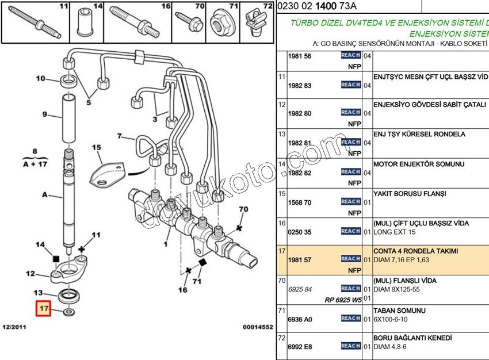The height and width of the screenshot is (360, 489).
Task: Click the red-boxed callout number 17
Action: click(44, 309)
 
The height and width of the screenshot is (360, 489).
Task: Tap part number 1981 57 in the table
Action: click(299, 260)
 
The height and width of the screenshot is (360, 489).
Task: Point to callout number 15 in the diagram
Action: click(96, 147)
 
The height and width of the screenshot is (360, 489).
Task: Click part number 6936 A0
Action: click(299, 320)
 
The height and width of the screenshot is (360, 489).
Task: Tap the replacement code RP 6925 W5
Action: click(343, 300)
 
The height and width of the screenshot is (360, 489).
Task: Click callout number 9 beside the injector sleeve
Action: click(44, 114)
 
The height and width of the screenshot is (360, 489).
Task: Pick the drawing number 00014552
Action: click(257, 327)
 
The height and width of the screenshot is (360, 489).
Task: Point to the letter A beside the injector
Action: click(44, 194)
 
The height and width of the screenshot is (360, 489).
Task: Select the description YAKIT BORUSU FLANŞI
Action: click(410, 194)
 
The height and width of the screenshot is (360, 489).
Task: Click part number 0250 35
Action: click(299, 232)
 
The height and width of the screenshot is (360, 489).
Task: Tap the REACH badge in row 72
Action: click(350, 346)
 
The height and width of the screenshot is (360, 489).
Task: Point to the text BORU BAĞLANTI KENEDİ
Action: click(412, 338)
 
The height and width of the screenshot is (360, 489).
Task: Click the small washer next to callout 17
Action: click(69, 312)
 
